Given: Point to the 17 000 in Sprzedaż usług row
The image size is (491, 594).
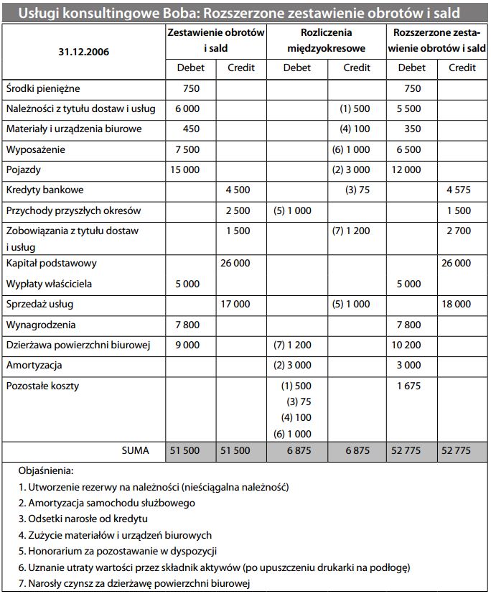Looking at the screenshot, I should coord(235,304).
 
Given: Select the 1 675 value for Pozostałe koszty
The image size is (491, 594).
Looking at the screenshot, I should coord(408,386).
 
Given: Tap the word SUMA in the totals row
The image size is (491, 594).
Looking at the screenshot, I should coord(135,451).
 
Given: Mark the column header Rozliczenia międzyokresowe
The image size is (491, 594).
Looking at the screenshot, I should coord(327,41).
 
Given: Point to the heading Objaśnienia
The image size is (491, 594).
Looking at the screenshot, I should coord(47,471).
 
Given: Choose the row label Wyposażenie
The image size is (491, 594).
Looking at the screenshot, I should coord(35,149).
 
